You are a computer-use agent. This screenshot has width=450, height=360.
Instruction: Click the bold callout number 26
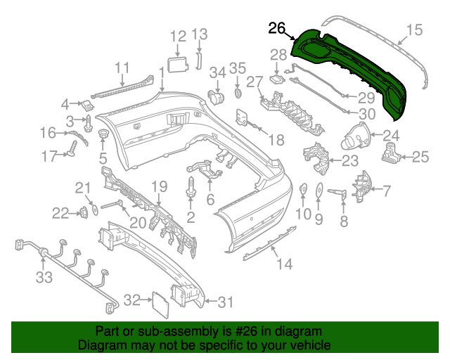click(276, 28)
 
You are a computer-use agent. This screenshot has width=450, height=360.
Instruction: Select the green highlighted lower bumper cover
click(352, 70)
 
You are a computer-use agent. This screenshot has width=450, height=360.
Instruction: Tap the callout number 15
click(415, 30)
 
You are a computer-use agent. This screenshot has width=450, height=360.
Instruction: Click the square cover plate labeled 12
click(178, 65)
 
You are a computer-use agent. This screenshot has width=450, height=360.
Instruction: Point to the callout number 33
click(44, 278)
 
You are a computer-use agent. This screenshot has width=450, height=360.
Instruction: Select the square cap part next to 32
click(160, 304)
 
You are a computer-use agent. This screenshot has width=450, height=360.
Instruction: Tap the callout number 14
click(283, 264)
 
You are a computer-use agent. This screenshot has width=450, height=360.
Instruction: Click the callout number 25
click(420, 157)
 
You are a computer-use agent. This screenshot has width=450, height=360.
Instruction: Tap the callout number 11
click(123, 67)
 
